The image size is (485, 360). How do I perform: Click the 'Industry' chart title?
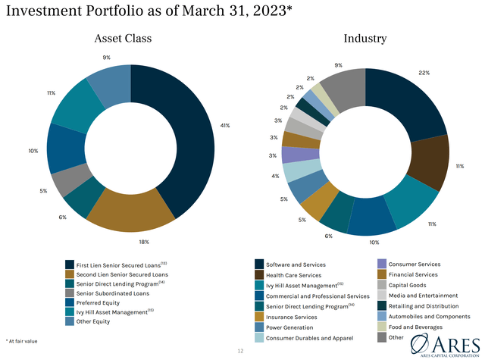point(365,39)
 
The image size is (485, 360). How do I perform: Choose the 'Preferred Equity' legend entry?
point(103,302)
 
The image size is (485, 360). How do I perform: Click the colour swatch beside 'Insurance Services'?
point(259,316)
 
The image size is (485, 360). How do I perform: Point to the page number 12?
point(241,351)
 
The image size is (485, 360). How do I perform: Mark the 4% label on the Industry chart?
point(275,176)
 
